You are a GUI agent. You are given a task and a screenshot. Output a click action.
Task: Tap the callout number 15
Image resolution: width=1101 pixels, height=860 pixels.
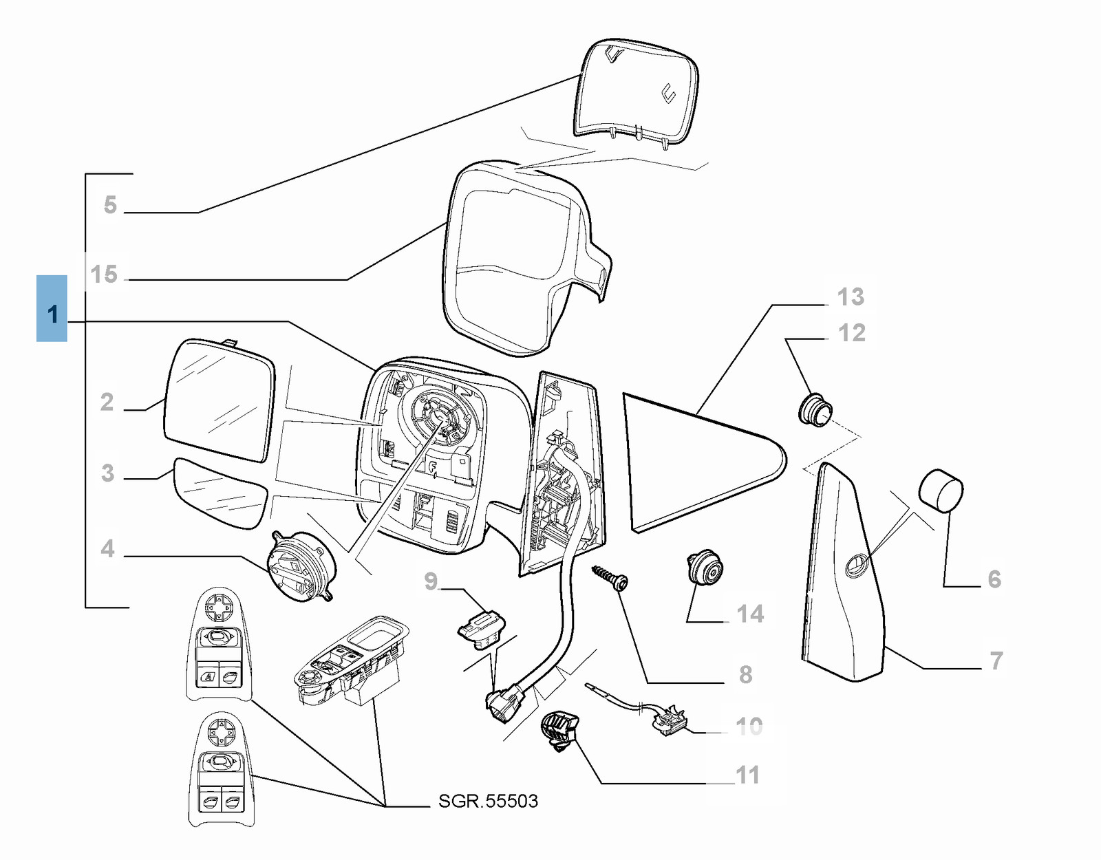(x=104, y=275)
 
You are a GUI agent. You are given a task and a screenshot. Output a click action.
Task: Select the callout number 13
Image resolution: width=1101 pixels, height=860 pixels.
(x=851, y=297)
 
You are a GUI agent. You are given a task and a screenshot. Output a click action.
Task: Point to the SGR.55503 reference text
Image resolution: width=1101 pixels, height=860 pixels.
(x=488, y=801)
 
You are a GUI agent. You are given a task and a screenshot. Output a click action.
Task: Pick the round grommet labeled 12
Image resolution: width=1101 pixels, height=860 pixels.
(x=815, y=409)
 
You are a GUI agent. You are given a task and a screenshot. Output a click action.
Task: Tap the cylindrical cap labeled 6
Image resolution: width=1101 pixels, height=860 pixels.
(x=941, y=491)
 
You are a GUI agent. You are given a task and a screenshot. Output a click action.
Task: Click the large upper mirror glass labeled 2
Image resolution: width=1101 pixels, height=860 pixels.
(x=219, y=399)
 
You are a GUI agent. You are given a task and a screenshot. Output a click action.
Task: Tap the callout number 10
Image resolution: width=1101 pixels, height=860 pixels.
(x=749, y=726)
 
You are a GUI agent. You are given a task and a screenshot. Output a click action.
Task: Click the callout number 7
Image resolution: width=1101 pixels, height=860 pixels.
(x=996, y=661)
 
